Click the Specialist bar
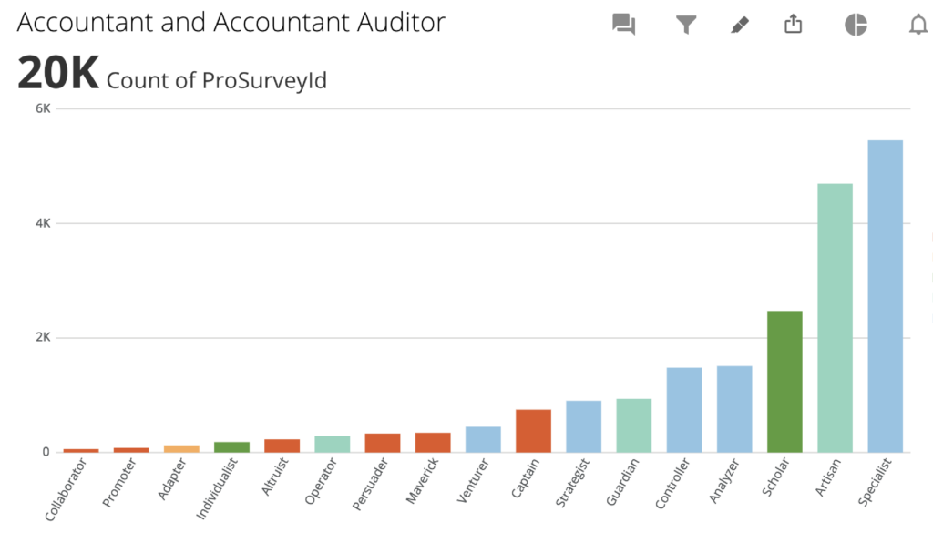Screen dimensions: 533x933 point(885,296)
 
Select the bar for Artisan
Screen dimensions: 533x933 point(835,318)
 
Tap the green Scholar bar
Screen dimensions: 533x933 point(784,382)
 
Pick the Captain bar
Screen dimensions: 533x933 point(533,431)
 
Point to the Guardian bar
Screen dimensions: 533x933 point(633,425)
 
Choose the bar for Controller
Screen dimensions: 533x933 point(683,410)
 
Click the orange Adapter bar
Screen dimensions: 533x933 point(181,448)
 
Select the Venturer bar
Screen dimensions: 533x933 point(483,439)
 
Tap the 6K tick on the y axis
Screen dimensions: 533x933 point(43,108)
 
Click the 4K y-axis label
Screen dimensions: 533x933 point(43,223)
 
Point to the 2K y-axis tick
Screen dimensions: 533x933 point(43,337)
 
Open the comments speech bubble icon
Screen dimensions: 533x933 point(623,25)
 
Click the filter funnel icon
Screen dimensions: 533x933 point(686,25)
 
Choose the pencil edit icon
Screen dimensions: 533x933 point(740,25)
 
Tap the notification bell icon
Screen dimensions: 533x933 point(918,25)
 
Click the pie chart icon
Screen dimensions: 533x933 point(856,25)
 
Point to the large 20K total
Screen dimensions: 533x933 point(57,74)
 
